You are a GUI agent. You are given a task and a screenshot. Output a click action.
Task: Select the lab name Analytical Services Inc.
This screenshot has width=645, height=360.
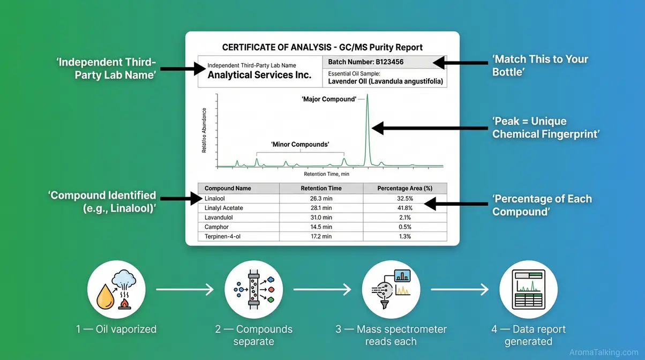point(259,75)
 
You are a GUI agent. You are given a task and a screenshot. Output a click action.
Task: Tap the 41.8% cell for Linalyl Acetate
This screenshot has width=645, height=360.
point(405,208)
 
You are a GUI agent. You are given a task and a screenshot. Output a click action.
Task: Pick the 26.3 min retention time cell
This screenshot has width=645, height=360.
point(321,198)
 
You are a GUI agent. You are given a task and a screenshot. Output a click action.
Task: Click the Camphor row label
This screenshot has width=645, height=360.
point(216,227)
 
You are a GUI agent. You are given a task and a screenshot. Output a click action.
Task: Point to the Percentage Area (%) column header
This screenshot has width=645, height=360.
point(405,189)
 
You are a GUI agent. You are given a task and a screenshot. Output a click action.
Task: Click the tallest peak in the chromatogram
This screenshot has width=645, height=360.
point(367,129)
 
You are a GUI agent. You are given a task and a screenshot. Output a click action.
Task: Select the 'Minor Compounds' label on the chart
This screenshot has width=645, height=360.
point(300,145)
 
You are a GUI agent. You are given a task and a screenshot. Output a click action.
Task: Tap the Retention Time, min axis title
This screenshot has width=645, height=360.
point(326,174)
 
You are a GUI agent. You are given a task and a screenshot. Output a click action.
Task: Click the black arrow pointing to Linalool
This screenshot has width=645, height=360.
point(181,199)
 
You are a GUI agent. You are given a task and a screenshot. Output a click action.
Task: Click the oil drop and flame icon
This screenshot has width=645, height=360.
point(116,290)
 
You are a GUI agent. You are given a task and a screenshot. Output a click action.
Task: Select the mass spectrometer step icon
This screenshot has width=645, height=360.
point(391,290)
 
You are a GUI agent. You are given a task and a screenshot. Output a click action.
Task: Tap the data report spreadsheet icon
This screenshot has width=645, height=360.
point(528,290)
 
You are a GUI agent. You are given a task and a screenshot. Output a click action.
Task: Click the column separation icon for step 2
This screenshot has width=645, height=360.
point(253,290)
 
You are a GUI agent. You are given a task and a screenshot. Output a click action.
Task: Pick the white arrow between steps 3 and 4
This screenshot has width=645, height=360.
point(460,290)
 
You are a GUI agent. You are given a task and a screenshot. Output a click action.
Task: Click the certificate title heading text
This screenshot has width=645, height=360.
point(322,47)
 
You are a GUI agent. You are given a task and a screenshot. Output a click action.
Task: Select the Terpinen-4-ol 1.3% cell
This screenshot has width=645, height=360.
point(405,236)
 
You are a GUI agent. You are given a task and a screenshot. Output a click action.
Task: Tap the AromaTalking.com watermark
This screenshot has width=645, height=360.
point(603,352)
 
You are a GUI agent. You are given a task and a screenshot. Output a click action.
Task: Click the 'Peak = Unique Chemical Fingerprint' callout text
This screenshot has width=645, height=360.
point(545,127)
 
